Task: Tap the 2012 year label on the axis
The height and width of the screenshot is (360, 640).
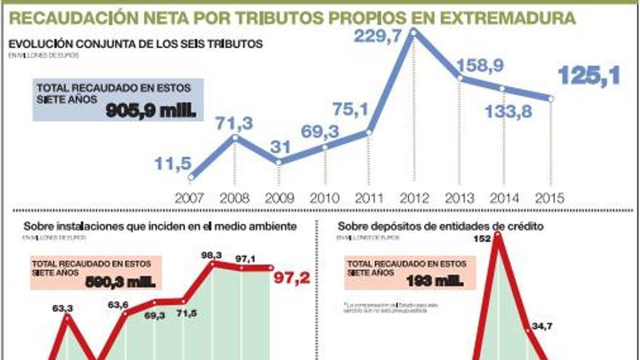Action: coord(414,197)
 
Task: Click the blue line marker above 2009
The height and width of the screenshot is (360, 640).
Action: coord(279,161)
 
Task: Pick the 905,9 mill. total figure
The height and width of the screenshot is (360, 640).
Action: coord(151,111)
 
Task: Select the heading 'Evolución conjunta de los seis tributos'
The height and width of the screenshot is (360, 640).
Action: coord(135,44)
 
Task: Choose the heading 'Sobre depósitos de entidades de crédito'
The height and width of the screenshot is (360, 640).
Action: coord(441,227)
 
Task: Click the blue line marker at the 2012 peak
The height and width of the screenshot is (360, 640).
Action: coord(414,32)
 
